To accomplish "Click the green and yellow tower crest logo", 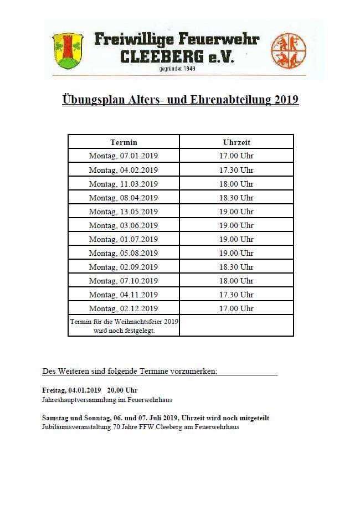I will pos(67,49).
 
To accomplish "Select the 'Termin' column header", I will pos(124,142).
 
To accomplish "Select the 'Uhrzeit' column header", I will pos(236,142).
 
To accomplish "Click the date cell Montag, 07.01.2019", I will pos(124,156).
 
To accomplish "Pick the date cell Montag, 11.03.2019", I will pos(124,184).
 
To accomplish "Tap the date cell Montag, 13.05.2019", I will pos(124,212).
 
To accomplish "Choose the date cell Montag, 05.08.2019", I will pos(124,253).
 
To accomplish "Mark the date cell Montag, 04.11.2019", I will pos(124,295).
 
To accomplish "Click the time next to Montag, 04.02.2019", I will pos(236,170).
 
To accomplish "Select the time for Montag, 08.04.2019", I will pos(236,198).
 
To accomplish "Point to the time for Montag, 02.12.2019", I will pos(236,308).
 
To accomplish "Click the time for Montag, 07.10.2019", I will pos(236,281).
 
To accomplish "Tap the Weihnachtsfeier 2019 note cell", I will pos(124,326).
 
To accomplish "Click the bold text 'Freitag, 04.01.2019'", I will pos(71,390).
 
